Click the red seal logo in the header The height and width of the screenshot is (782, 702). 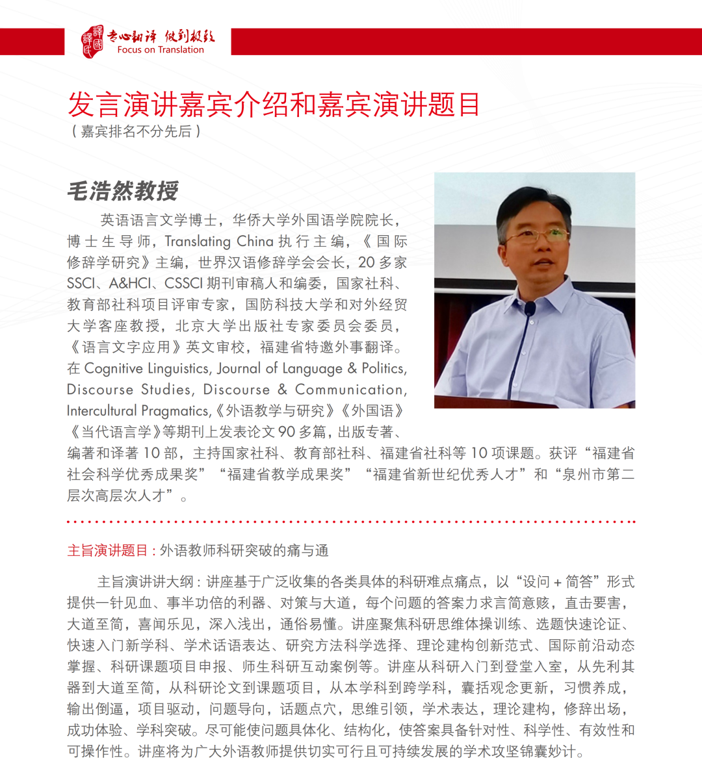coord(92,42)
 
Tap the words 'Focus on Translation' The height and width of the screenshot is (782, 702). coord(161,50)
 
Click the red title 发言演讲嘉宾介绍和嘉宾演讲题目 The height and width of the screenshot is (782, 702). coord(274,105)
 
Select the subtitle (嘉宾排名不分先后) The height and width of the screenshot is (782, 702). coord(136,131)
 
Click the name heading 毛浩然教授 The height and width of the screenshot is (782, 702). coord(123,191)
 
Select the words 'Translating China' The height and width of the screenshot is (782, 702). coord(218,242)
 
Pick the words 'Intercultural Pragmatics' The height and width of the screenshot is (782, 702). coord(138,410)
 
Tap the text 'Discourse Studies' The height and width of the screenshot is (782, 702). coord(129,390)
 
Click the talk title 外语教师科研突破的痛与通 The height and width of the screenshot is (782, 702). coord(244,551)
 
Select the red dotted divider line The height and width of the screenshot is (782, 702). coord(351,522)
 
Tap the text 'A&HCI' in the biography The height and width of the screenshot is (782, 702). coord(130,284)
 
